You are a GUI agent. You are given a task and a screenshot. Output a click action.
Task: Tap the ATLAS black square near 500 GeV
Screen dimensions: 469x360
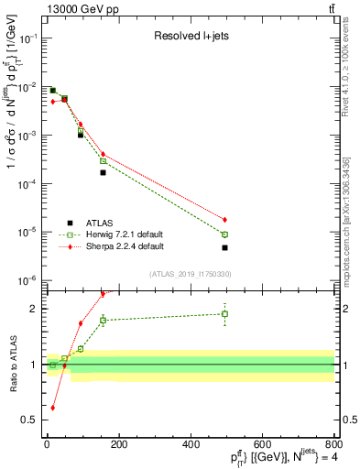224,247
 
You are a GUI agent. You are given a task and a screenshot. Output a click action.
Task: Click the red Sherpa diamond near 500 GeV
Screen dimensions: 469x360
224,220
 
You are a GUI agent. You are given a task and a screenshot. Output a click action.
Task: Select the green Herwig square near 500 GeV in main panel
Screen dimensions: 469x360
224,234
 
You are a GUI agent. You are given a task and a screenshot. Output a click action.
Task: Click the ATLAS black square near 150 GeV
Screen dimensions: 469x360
103,172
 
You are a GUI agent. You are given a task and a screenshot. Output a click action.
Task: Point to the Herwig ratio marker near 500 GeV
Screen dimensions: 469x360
224,314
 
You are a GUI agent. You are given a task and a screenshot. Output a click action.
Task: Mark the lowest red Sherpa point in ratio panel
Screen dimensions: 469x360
52,408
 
